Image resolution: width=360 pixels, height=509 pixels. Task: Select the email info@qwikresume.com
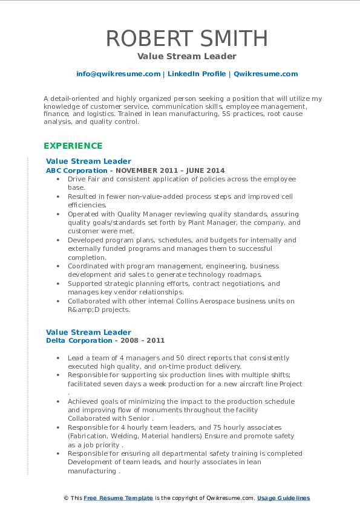[118, 74]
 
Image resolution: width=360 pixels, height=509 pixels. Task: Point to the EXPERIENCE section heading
[73, 146]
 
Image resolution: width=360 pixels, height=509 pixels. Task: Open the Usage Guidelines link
[283, 498]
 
